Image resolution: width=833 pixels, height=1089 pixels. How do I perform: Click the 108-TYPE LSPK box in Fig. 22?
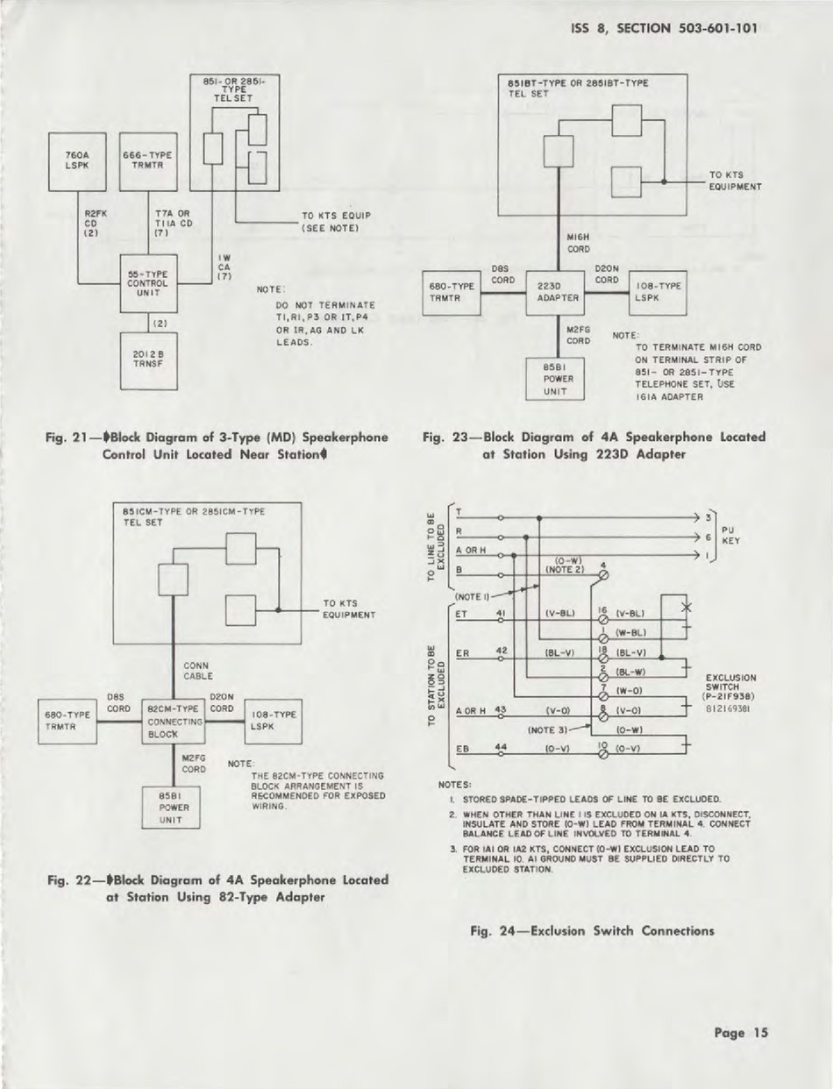point(274,721)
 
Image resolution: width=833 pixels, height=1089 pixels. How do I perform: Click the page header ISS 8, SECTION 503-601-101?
point(664,26)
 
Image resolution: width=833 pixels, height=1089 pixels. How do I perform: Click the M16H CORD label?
point(579,242)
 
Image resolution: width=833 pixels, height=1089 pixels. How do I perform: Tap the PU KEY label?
point(731,536)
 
